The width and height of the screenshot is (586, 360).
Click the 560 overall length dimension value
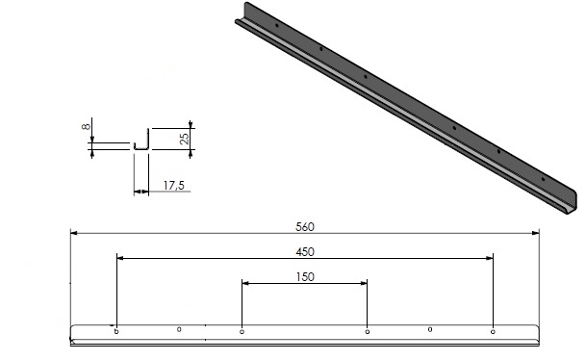[304, 227]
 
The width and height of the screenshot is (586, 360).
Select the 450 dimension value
[304, 251]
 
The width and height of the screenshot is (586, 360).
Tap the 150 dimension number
[304, 277]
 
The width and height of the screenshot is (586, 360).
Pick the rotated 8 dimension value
[87, 125]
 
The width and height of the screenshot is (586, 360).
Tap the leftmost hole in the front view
[116, 331]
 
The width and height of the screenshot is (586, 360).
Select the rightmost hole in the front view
[493, 331]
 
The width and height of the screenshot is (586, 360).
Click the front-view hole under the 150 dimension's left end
[242, 332]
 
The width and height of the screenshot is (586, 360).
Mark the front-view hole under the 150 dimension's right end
[368, 332]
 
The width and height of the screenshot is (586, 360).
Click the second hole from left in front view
[179, 328]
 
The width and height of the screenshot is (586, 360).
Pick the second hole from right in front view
[429, 328]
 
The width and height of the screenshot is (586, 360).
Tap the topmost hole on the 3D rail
[276, 26]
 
